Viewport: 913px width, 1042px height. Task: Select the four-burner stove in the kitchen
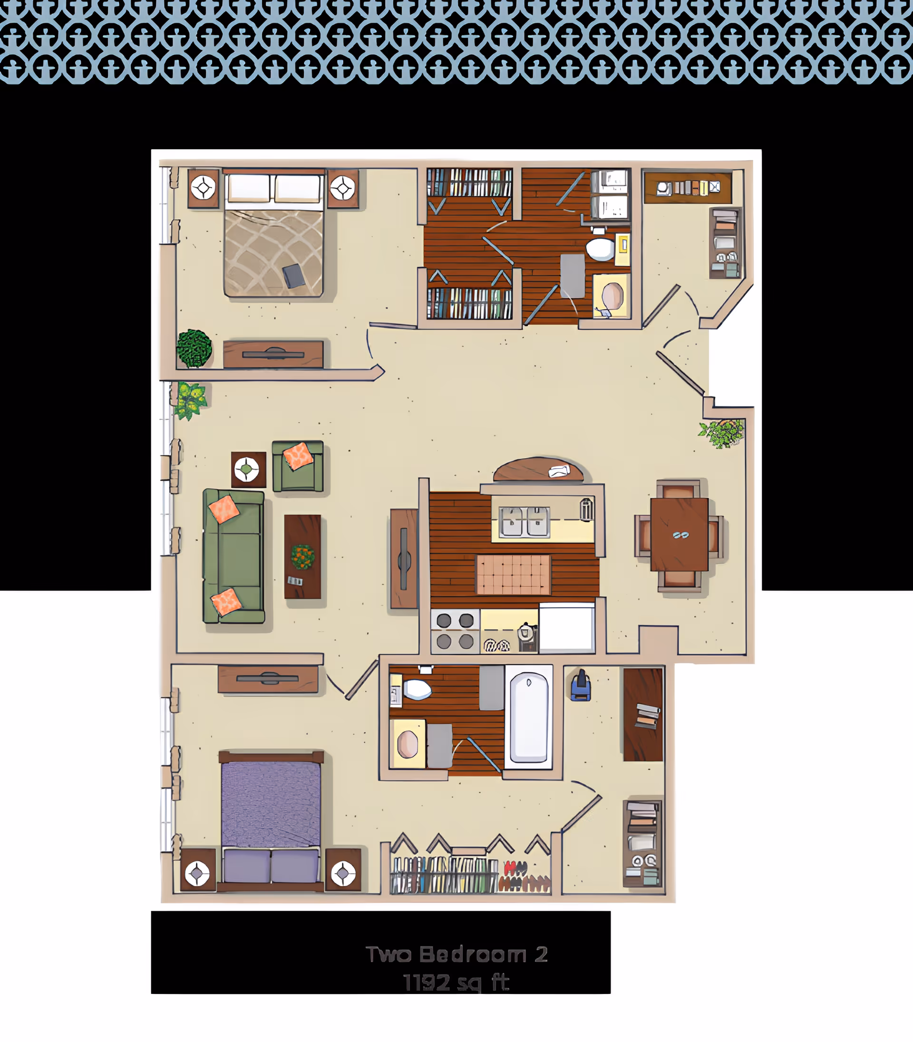coord(455,631)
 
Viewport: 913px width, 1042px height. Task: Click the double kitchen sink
coord(524,522)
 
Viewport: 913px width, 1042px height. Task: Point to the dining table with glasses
coord(679,535)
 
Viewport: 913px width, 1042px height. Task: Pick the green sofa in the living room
coord(234,556)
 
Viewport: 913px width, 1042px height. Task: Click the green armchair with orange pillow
coord(298,466)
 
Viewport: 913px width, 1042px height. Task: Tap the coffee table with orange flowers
coord(302,556)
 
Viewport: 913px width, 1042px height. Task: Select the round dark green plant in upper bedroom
coord(194,348)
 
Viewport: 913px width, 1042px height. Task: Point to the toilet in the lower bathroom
coord(417,690)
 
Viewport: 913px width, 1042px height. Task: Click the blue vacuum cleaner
coord(581,686)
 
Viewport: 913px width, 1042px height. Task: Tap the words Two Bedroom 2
coord(456,955)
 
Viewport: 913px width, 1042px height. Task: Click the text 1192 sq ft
coord(456,983)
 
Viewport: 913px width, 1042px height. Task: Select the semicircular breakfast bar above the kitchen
coord(538,470)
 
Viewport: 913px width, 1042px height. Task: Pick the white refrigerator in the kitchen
coord(567,628)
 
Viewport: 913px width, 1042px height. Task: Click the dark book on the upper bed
coord(294,276)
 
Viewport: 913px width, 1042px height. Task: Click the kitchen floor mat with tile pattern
coord(514,574)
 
